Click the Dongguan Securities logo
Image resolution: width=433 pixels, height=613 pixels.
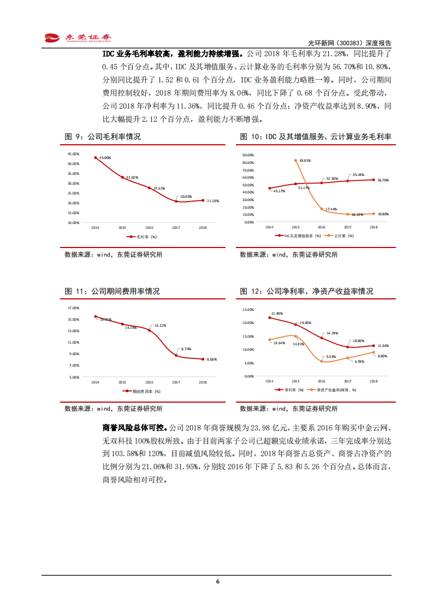click(78, 38)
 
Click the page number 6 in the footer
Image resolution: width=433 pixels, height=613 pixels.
click(217, 581)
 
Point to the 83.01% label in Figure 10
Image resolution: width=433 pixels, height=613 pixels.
click(305, 161)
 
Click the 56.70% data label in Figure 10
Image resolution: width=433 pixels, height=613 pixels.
click(383, 180)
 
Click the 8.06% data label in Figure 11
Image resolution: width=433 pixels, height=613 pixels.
click(212, 359)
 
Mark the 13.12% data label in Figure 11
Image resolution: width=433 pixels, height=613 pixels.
click(160, 326)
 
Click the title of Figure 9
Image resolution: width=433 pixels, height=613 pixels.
click(103, 137)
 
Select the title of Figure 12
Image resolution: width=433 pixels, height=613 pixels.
click(306, 291)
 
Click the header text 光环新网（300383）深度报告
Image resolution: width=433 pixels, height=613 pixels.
click(354, 43)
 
